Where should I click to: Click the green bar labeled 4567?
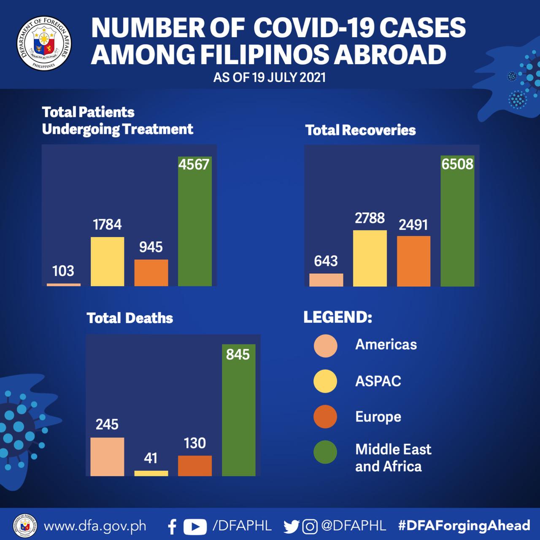pyautogui.click(x=194, y=228)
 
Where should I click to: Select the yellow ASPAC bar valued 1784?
pyautogui.click(x=108, y=262)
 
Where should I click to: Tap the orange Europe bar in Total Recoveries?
pyautogui.click(x=413, y=261)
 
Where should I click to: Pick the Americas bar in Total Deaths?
pyautogui.click(x=107, y=457)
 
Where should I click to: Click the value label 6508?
pyautogui.click(x=457, y=164)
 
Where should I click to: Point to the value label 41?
pyautogui.click(x=151, y=458)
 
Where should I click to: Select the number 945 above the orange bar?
pyautogui.click(x=151, y=247)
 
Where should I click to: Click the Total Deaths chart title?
pyautogui.click(x=130, y=318)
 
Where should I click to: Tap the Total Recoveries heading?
pyautogui.click(x=360, y=130)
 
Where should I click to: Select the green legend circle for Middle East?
pyautogui.click(x=325, y=452)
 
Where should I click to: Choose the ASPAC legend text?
pyautogui.click(x=378, y=381)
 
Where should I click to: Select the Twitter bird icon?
pyautogui.click(x=291, y=526)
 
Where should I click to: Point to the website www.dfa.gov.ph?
pyautogui.click(x=95, y=526)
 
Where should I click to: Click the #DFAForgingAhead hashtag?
pyautogui.click(x=464, y=526)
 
